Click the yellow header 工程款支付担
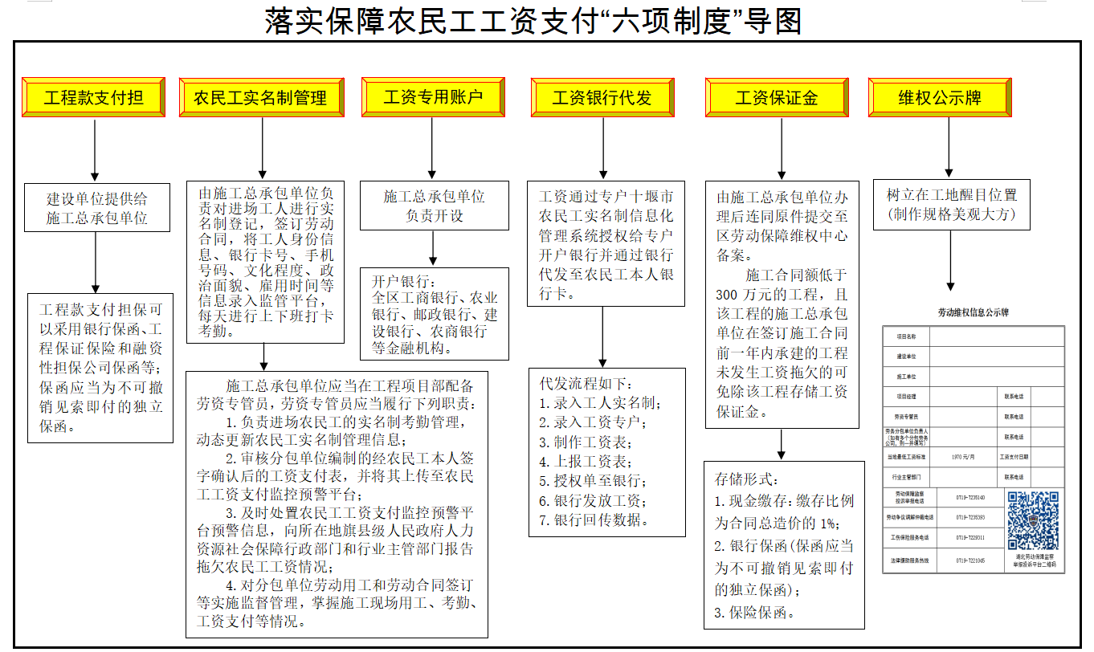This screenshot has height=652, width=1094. coord(93,98)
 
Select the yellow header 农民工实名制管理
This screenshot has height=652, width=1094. coord(261,98)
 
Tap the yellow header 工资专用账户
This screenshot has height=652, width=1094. coord(433,98)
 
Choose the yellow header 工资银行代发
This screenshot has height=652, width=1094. coord(602,98)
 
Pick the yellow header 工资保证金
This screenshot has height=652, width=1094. coord(776,98)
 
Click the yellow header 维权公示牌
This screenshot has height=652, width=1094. coord(940,98)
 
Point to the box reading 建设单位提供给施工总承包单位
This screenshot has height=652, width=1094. coord(96,207)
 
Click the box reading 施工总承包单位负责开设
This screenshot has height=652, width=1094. coord(434,206)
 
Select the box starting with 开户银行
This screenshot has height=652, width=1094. coord(434,314)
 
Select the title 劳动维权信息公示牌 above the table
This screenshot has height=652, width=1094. coord(973,312)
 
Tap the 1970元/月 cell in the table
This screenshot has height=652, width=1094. coord(962,457)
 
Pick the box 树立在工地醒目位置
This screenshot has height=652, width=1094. coord(951,205)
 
